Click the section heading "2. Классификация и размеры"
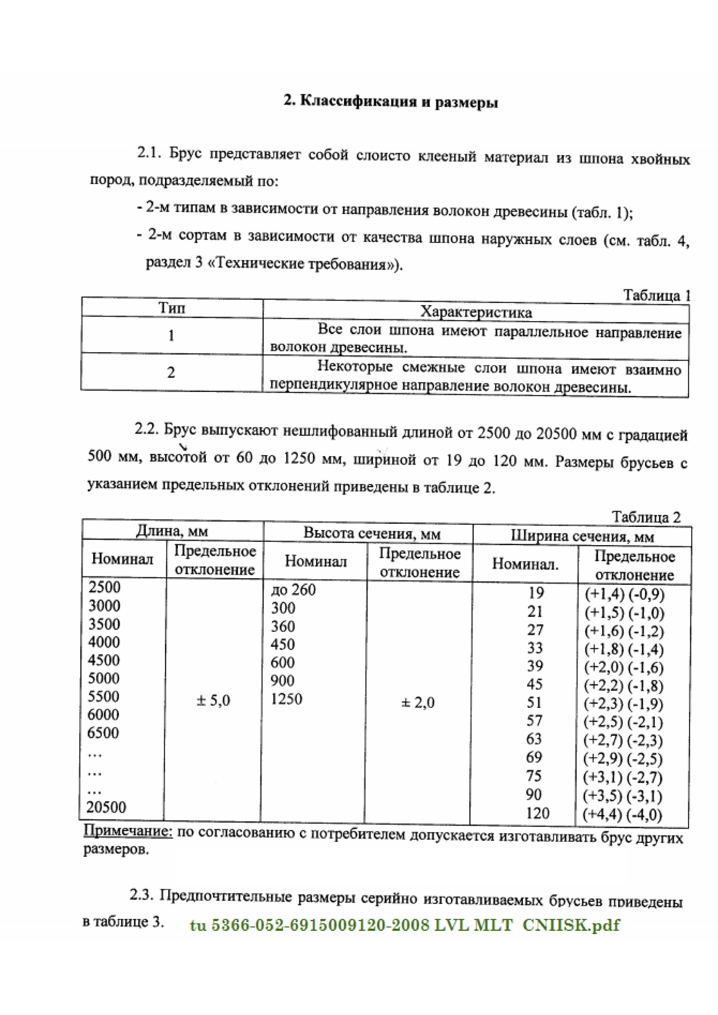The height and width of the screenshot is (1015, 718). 391,102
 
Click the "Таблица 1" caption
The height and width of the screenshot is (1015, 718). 656,295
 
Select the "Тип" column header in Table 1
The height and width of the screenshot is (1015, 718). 171,308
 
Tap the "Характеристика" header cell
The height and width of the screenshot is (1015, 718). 476,312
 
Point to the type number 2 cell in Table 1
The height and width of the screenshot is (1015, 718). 171,372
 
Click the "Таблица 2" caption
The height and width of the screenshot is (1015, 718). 646,517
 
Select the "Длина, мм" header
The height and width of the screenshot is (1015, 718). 172,530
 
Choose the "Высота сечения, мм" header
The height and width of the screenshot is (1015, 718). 372,533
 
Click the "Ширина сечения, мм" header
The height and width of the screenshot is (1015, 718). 582,536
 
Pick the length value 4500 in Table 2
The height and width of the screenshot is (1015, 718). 104,660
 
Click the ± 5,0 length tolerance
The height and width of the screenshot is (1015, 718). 213,700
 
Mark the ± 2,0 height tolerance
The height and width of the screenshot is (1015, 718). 417,702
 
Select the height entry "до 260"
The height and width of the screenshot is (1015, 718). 293,590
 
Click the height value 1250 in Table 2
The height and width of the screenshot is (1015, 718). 287,699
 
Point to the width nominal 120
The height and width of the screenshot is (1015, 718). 537,813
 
